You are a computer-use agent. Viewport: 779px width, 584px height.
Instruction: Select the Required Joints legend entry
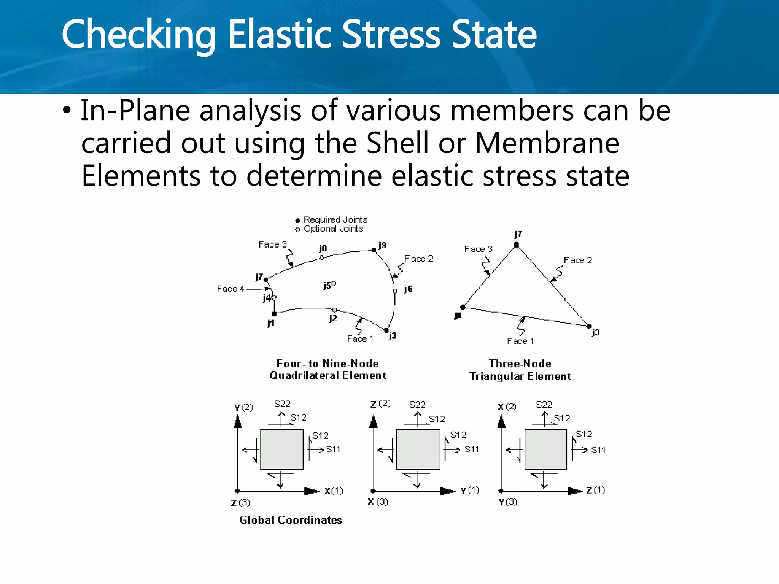331,220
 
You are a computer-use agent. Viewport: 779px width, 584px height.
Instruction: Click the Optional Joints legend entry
329,229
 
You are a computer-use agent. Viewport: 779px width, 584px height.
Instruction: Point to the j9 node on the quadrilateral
374,250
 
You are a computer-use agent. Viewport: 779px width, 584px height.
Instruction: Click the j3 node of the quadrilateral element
386,330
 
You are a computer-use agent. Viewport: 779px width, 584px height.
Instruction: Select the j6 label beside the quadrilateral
408,289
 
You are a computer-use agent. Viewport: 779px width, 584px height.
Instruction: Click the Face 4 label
230,289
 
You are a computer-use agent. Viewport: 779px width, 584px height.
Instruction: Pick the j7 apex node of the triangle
516,244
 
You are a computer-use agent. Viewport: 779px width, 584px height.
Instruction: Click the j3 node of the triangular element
589,326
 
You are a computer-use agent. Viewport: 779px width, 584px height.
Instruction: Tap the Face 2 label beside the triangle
577,260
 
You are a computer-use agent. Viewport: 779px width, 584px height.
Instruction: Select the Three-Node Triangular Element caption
520,370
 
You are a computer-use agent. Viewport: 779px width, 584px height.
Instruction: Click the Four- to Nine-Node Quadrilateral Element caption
327,370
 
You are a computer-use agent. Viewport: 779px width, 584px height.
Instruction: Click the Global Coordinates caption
290,520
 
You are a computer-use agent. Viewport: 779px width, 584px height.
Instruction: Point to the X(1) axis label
333,491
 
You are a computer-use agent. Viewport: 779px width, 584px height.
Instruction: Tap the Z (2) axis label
380,404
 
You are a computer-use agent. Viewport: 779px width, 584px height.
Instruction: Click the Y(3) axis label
507,502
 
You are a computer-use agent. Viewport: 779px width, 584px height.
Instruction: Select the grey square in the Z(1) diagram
545,449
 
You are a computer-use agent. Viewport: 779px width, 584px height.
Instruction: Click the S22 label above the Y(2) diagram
282,404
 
